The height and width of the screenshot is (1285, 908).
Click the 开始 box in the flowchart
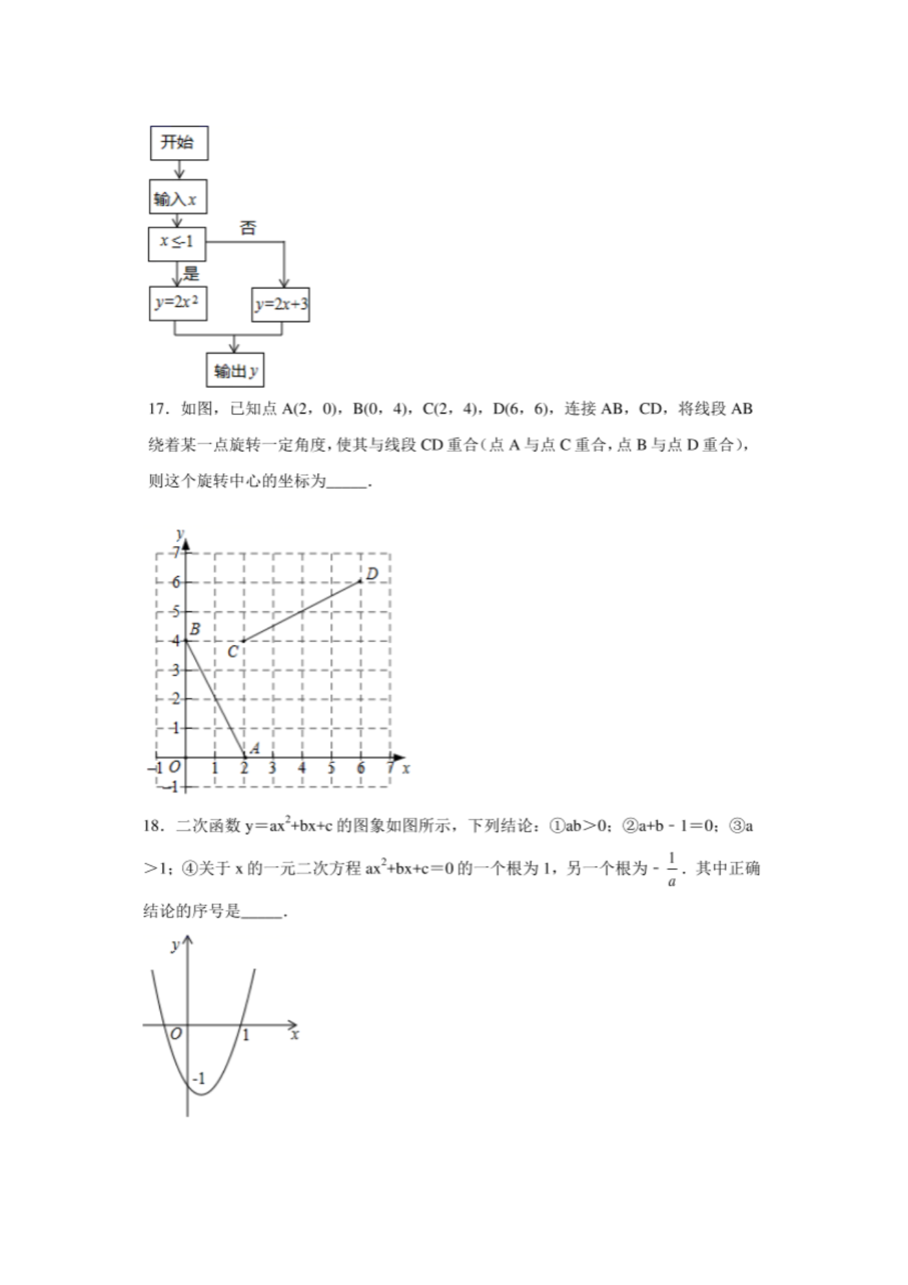tap(178, 143)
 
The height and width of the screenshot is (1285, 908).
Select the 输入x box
tap(177, 199)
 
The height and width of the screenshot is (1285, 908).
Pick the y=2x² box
tap(178, 304)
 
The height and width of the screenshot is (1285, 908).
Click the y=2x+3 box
tap(280, 304)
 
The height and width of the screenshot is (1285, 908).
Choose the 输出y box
tap(235, 371)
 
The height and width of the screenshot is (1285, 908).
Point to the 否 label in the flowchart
tap(248, 228)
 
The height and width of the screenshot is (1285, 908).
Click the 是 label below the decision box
tap(191, 273)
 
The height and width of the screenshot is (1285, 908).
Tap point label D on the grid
tap(371, 574)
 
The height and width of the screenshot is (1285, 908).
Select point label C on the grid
tap(233, 651)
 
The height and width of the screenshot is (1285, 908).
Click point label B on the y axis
tap(195, 628)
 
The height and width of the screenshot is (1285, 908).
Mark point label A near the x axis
tap(254, 749)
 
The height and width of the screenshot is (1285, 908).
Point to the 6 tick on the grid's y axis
tap(176, 582)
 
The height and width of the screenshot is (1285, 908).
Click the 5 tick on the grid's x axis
tap(331, 769)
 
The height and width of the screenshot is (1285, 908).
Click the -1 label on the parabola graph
tap(198, 1078)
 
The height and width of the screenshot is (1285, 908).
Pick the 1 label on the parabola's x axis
tap(246, 1035)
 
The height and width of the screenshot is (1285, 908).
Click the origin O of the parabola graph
tap(176, 1034)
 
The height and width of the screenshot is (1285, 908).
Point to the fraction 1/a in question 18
tap(671, 869)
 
